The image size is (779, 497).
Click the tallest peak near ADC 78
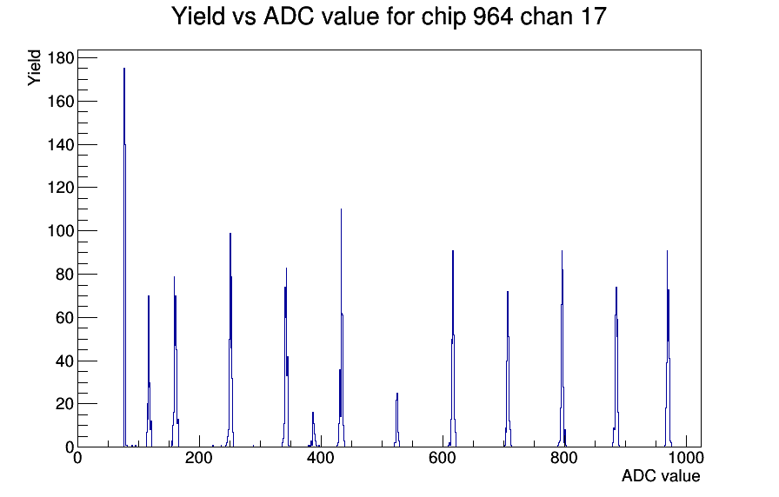point(124,257)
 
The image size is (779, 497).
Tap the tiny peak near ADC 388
point(313,430)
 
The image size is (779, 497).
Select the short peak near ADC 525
point(397,420)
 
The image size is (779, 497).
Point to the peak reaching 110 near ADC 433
point(342,328)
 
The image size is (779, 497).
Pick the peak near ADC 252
point(230,340)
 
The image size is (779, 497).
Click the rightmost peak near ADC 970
point(668,348)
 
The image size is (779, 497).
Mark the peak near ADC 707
point(508,369)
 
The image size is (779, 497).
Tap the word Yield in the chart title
point(199,17)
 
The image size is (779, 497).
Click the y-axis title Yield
point(34,68)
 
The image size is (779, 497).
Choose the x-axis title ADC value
point(661,475)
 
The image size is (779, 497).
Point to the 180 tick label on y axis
point(61,58)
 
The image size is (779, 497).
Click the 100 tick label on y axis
point(61,231)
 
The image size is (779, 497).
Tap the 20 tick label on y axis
point(65,404)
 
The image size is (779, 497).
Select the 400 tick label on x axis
point(321,458)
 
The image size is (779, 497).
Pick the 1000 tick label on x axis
point(685,458)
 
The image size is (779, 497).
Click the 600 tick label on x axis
point(443,458)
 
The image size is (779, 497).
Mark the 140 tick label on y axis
point(61,144)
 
